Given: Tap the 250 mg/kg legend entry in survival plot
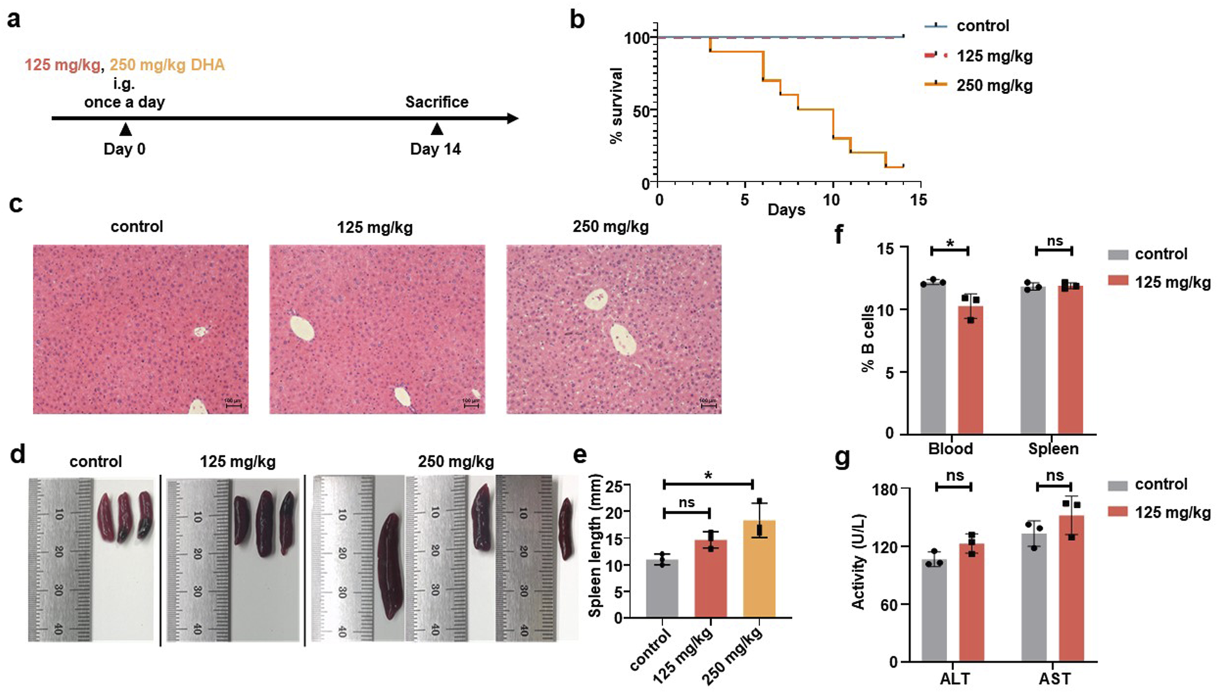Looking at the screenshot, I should coord(994,85).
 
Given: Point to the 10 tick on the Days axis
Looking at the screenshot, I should coord(832,199).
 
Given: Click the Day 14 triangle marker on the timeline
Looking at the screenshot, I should coord(436,129).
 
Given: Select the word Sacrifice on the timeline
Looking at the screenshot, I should coord(436,102).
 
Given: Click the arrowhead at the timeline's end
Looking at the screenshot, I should coord(512,118).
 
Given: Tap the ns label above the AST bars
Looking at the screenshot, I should coord(1054,476).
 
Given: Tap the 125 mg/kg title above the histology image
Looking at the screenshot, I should coord(375,227).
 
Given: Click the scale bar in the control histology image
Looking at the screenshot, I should coord(233,406).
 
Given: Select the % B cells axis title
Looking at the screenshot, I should coord(868,339).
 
